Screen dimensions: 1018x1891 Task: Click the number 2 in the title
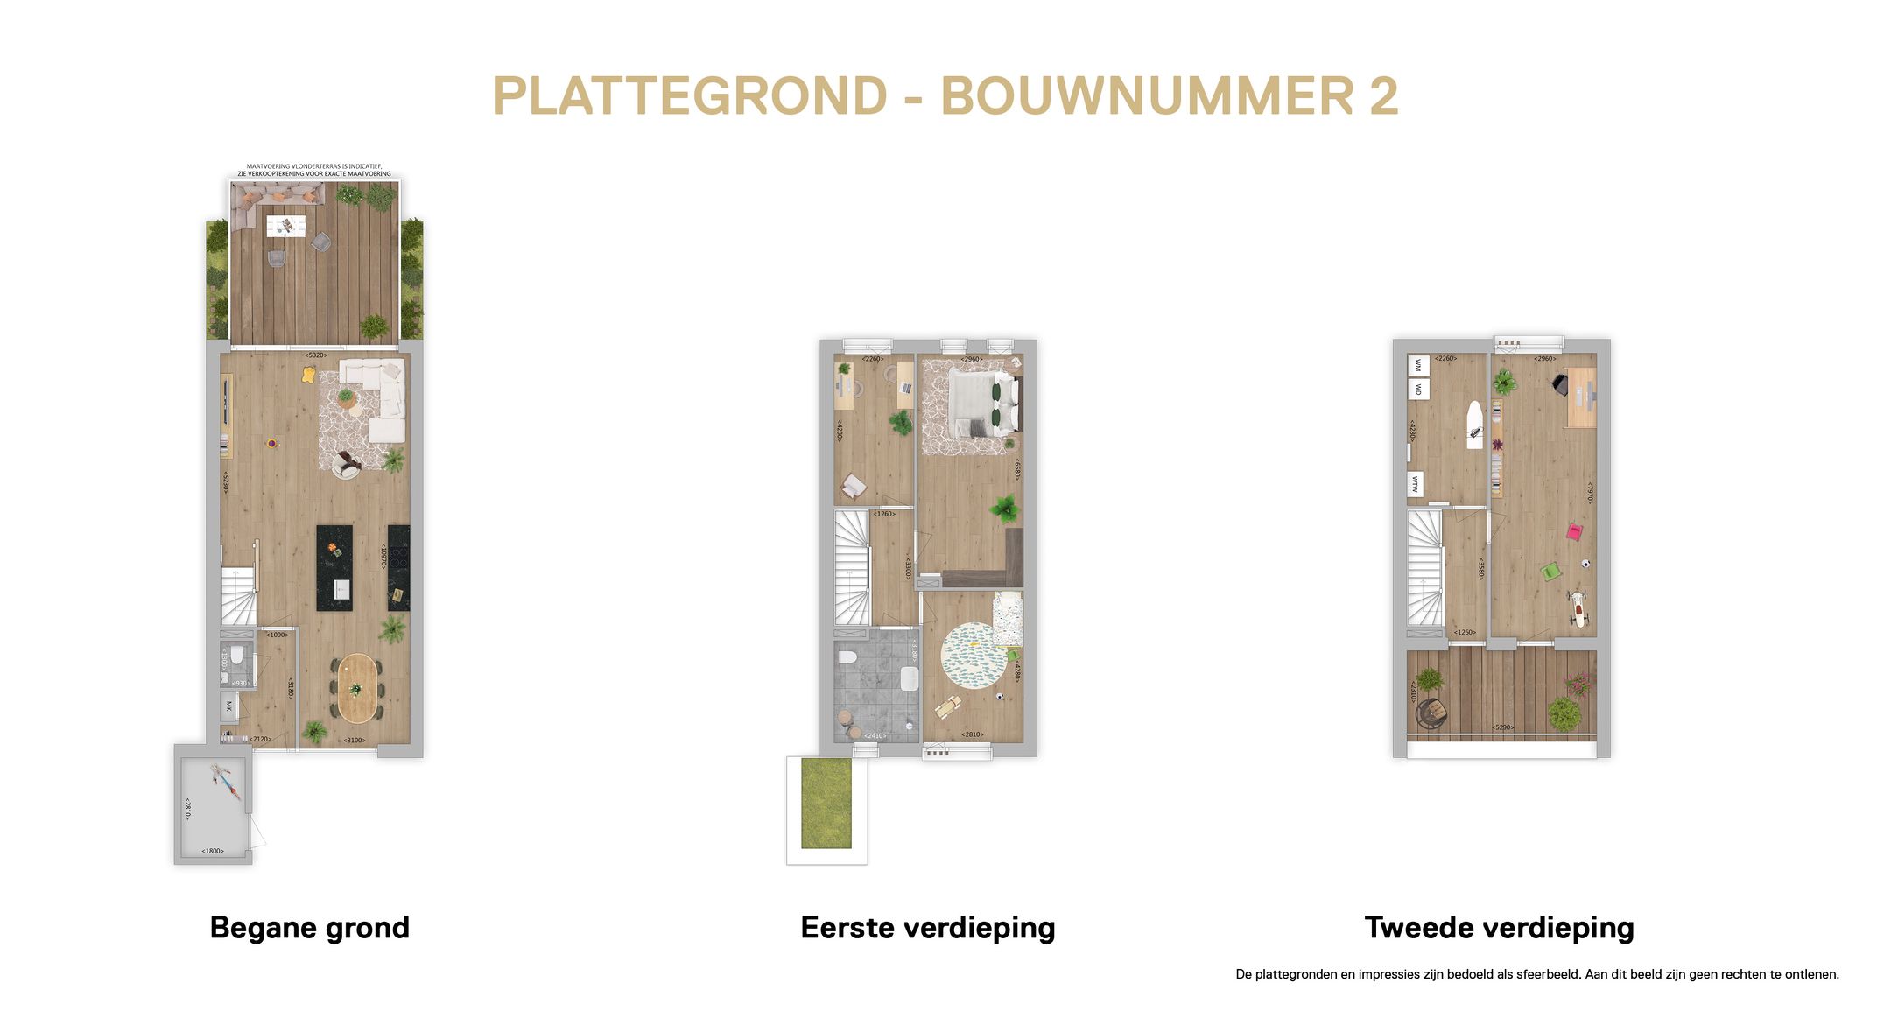click(1383, 96)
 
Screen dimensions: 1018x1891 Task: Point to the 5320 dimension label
click(315, 355)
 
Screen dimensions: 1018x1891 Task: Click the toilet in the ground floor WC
click(236, 656)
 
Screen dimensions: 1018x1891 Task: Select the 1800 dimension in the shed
click(213, 851)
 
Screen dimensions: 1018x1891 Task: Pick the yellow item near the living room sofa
click(308, 375)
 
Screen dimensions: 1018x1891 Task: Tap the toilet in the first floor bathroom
click(847, 656)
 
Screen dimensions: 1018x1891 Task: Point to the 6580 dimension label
click(1016, 469)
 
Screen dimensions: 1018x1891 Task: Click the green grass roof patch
click(826, 803)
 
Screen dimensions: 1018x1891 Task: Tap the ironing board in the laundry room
click(1475, 425)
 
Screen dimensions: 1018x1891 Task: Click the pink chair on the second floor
click(1574, 531)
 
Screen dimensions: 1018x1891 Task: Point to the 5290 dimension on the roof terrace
click(1502, 727)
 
